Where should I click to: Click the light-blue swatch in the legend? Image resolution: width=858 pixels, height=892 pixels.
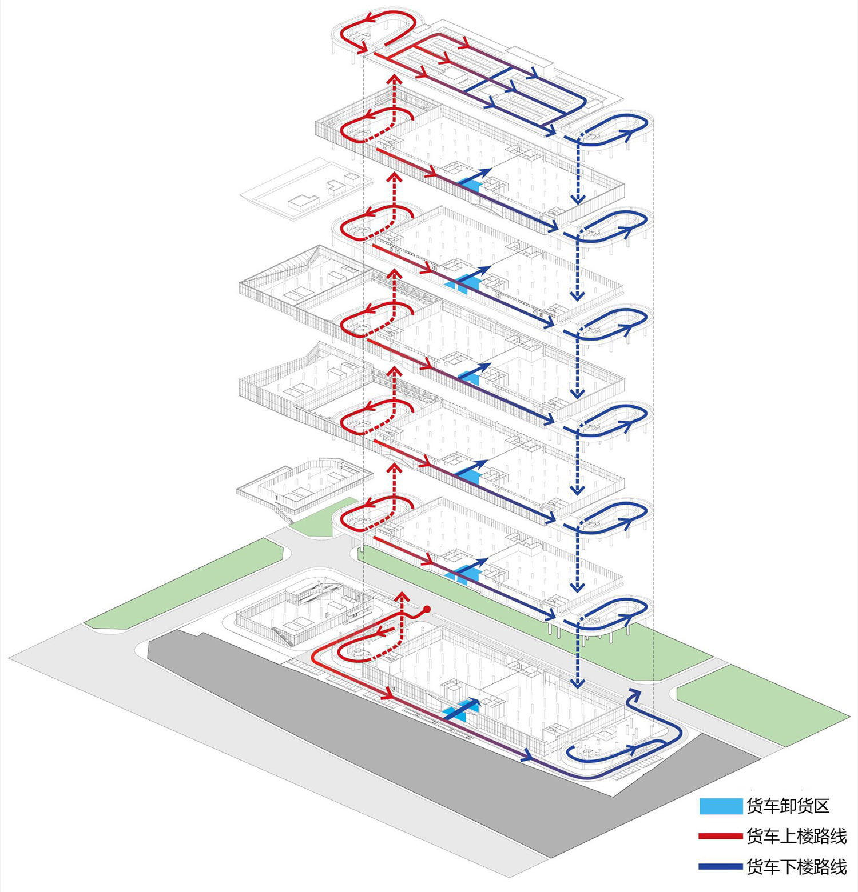[x=721, y=806]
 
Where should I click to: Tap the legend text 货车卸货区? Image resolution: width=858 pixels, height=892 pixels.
[x=788, y=806]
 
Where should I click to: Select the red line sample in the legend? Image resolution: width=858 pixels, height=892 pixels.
[x=720, y=837]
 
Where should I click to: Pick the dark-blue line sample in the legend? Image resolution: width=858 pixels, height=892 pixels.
[x=720, y=867]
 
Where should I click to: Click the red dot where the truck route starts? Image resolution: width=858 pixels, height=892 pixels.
[x=427, y=609]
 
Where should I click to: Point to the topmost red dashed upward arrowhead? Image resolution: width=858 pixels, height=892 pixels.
[x=394, y=79]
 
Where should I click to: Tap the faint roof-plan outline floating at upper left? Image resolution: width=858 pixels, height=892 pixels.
[x=306, y=189]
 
